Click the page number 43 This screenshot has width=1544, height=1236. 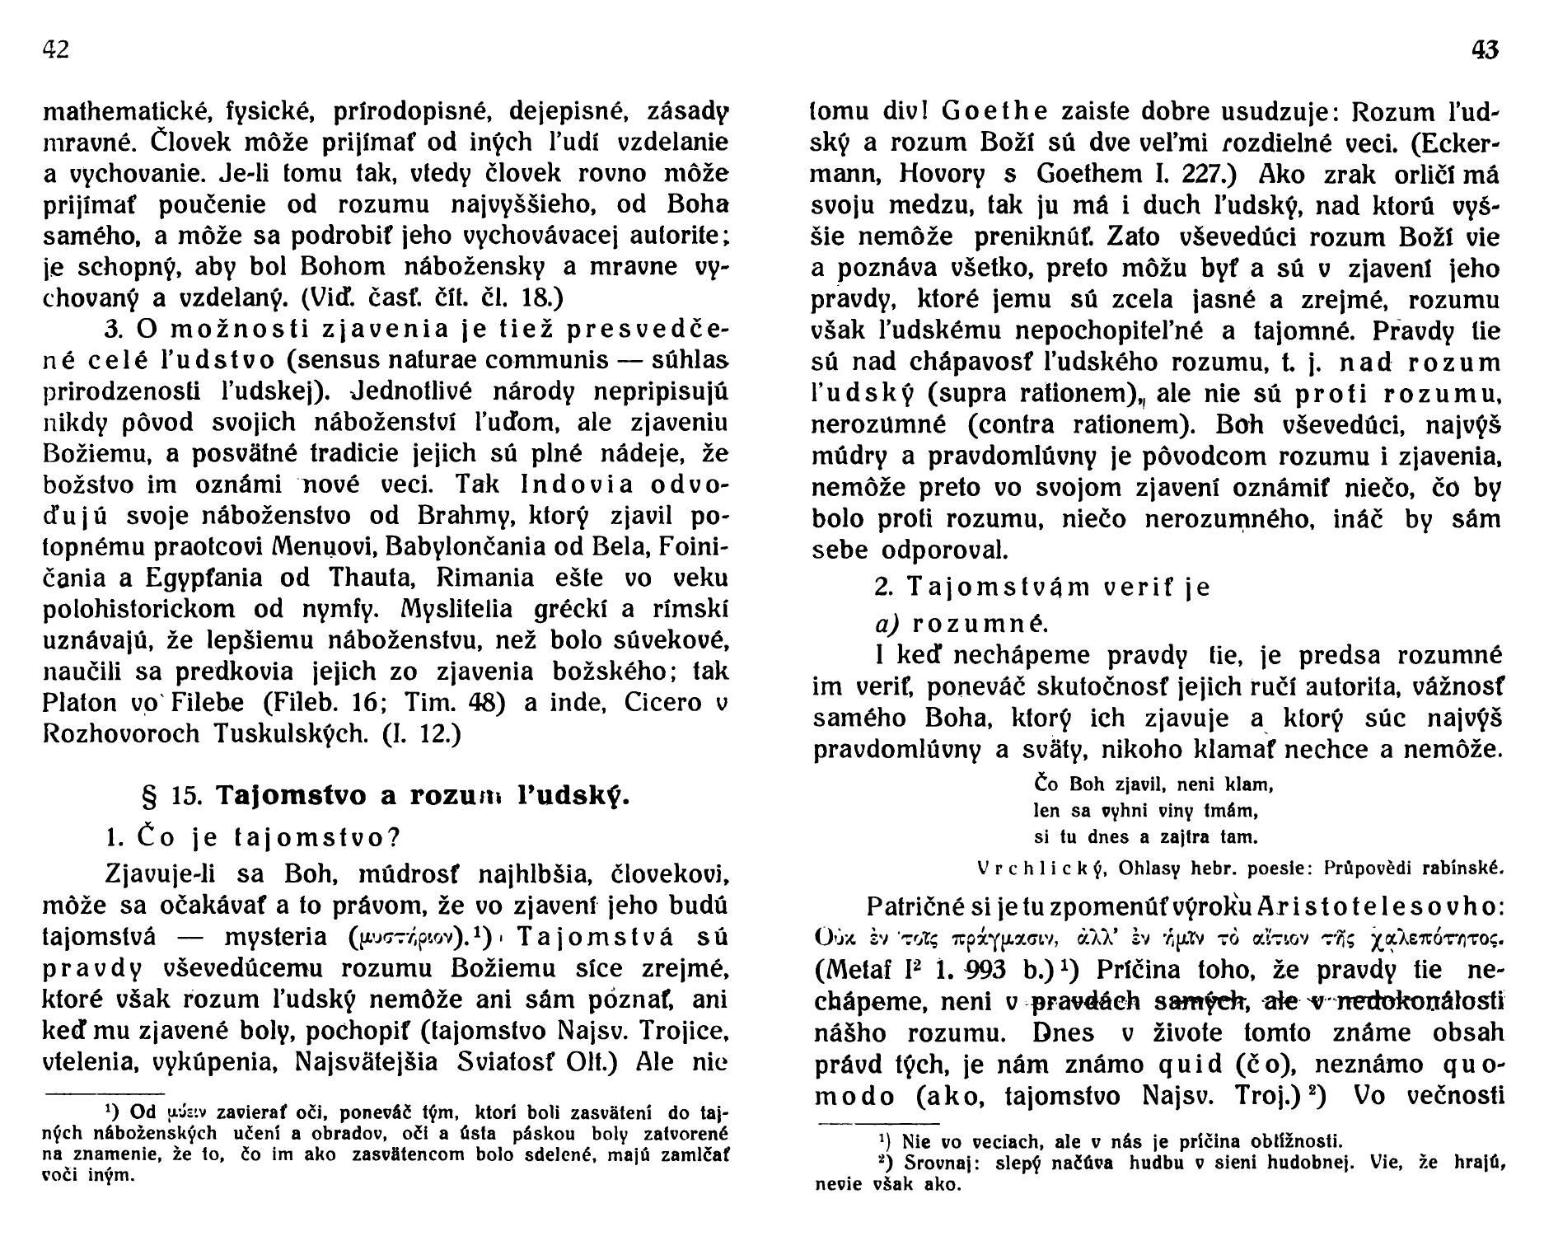click(x=1484, y=51)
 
